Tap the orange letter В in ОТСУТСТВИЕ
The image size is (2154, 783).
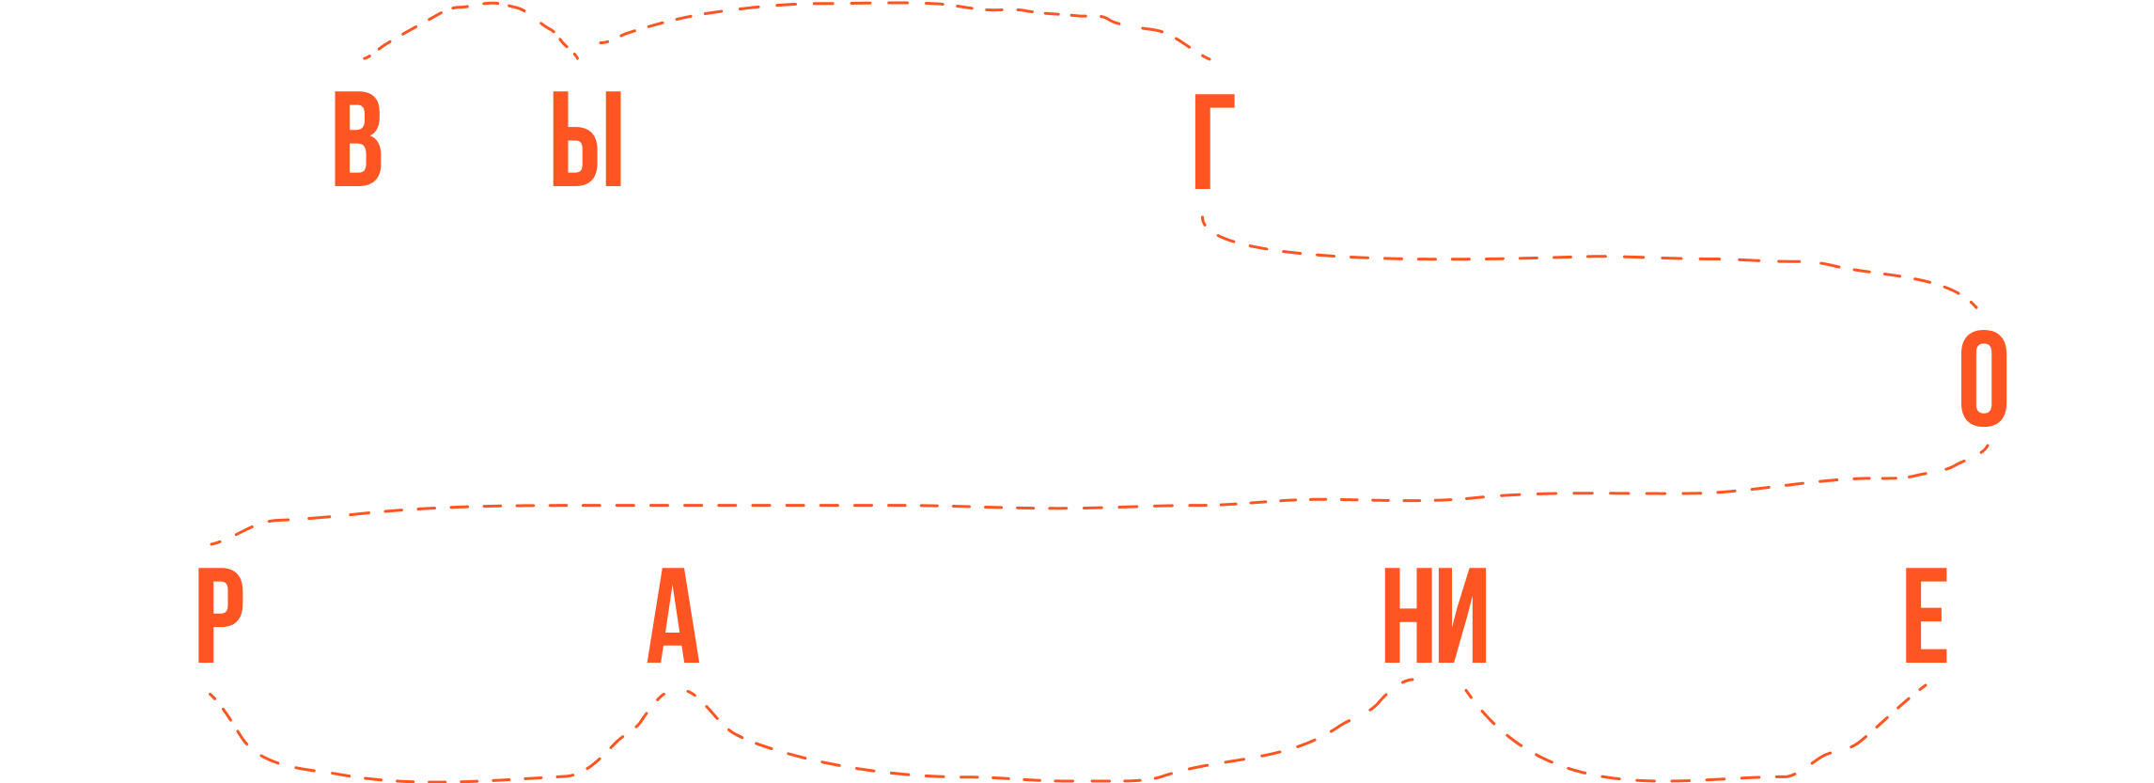(357, 140)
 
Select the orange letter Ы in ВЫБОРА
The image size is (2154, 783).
(586, 140)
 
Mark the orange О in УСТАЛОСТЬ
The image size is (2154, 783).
(1983, 380)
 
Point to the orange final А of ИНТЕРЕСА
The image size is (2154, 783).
(674, 617)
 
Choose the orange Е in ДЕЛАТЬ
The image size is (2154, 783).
(1925, 617)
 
